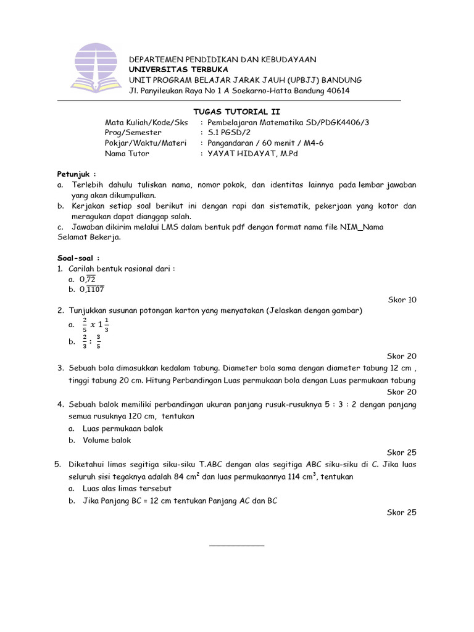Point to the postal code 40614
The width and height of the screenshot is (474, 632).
point(337,91)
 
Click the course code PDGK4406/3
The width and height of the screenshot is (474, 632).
point(347,122)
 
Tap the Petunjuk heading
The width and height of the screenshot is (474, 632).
point(77,174)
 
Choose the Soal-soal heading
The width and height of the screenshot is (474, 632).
point(78,258)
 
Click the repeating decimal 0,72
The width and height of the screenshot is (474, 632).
point(86,279)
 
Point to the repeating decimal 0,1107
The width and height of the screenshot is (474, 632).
point(91,289)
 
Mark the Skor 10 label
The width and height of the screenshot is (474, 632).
point(402,300)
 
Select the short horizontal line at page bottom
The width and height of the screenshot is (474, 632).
point(236,546)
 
